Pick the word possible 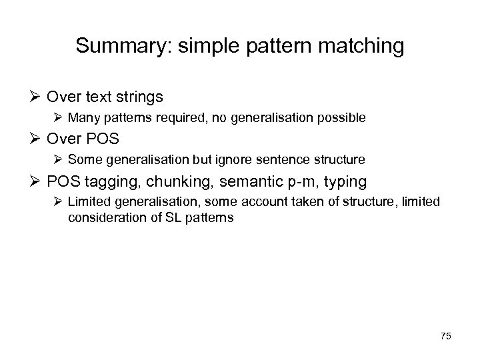coord(342,118)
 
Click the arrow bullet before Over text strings coord(37,97)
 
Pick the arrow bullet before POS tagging coord(37,181)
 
